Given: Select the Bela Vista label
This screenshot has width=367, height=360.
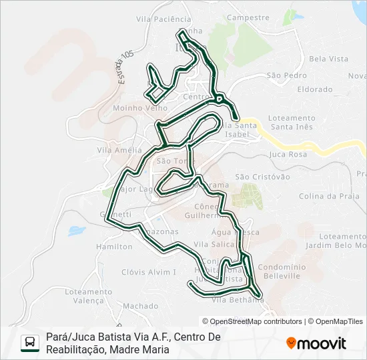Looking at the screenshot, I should pyautogui.click(x=328, y=59).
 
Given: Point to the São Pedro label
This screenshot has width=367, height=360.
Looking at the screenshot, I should pyautogui.click(x=287, y=75).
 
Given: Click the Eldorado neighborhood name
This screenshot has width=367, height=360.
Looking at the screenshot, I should pyautogui.click(x=315, y=89).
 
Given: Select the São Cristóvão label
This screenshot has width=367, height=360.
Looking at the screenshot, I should pyautogui.click(x=263, y=177).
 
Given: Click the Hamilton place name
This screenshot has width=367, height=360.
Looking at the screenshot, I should pyautogui.click(x=114, y=246).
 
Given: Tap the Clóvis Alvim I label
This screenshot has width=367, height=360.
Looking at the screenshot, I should pyautogui.click(x=149, y=272).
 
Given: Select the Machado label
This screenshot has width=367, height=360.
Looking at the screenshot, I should pyautogui.click(x=140, y=306).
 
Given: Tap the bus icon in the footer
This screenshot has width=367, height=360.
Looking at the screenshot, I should pyautogui.click(x=31, y=343).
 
